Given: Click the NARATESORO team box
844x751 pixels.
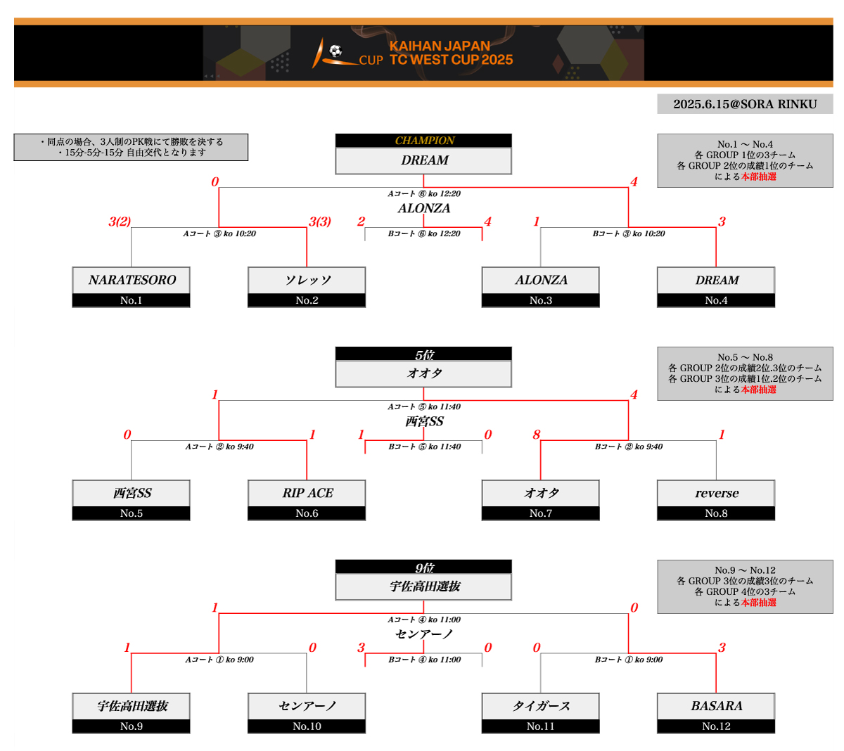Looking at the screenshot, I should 132,280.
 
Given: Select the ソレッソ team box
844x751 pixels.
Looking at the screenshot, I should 307,280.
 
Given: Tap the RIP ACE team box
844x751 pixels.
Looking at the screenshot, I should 307,493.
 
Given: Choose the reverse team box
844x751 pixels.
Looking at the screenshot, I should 716,493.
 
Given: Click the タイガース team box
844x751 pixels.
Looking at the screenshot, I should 540,706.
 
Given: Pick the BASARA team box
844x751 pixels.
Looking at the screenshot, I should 716,706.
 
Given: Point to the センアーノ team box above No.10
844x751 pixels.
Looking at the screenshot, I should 307,706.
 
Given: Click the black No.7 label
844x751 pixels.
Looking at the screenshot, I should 540,513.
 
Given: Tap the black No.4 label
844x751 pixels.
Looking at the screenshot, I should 716,300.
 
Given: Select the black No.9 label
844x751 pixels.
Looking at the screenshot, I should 132,726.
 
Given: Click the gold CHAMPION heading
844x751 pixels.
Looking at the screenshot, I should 424,141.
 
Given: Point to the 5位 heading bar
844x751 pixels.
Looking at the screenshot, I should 423,354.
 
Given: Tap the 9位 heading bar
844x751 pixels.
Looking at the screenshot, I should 423,567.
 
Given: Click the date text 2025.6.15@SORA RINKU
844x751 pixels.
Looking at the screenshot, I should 745,104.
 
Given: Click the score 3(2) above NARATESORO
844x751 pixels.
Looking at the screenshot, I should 120,222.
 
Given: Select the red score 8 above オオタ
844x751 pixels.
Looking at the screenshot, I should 536,435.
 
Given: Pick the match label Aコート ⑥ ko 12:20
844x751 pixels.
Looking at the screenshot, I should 424,193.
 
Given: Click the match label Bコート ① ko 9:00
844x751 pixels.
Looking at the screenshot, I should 628,660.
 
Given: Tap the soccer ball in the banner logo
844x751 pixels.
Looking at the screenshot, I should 335,51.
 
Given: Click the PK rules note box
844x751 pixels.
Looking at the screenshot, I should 131,147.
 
